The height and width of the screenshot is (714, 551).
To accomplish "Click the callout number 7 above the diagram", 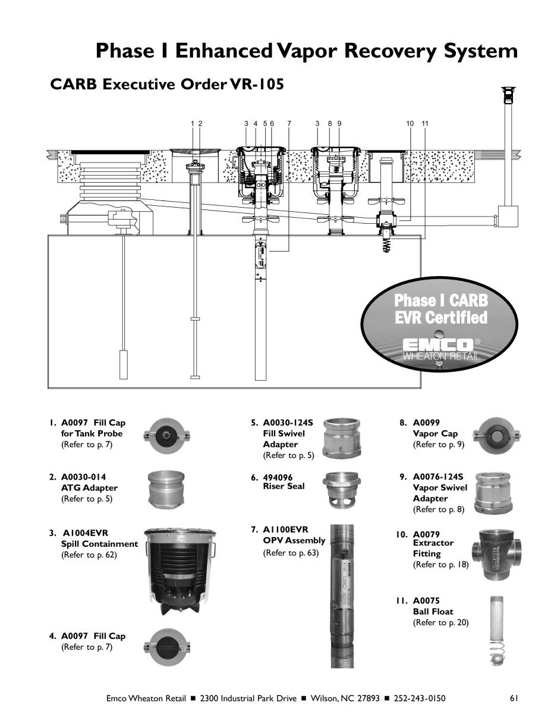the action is point(289,124).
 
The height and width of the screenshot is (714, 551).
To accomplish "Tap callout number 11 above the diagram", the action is point(425,124).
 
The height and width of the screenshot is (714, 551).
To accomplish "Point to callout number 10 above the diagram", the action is point(410,124).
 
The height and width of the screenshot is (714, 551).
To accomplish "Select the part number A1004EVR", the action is point(86,533).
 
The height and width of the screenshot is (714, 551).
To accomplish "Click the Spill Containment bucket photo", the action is point(180,571).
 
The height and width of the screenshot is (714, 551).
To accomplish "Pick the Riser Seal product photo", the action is point(342,490).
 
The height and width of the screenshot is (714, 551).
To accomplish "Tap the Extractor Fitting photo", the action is point(497,555).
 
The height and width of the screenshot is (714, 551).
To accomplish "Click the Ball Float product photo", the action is point(496,631).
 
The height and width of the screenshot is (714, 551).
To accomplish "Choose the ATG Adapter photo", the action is point(166,490).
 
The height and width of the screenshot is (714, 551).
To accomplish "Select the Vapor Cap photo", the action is point(496,436).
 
